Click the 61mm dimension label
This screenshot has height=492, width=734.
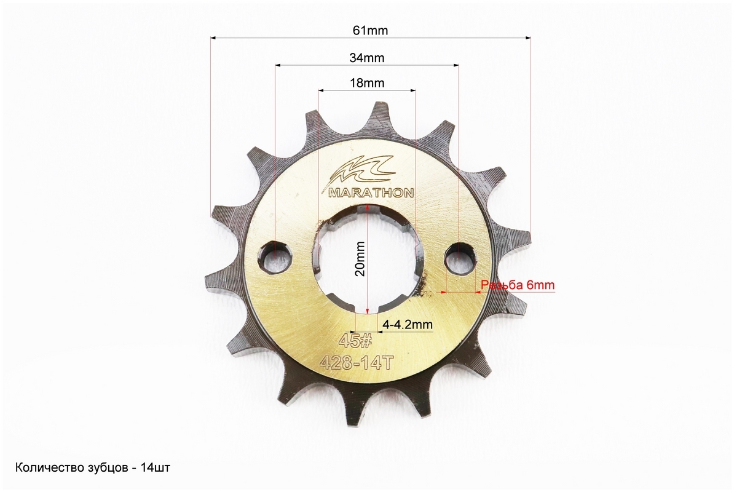coord(370,30)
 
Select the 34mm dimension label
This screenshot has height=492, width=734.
coord(366,58)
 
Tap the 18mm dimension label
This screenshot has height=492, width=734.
coord(367,83)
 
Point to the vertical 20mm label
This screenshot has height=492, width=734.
coord(360,259)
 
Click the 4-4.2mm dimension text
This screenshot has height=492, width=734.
coord(407,324)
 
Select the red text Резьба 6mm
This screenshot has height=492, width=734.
coord(518,285)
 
